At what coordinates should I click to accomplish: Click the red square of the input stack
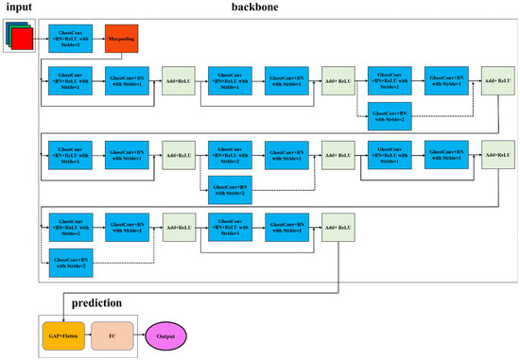click(x=25, y=40)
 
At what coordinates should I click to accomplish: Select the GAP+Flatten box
click(x=63, y=334)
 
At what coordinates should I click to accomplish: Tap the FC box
click(x=113, y=334)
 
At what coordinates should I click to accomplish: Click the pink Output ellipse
click(x=165, y=334)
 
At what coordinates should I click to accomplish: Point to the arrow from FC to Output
click(x=139, y=334)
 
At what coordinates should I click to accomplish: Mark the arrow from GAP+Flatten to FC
click(x=88, y=334)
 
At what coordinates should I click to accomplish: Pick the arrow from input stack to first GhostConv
click(x=41, y=40)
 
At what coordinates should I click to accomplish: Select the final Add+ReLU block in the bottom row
click(x=338, y=229)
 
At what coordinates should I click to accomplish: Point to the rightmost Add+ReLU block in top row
click(x=497, y=79)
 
